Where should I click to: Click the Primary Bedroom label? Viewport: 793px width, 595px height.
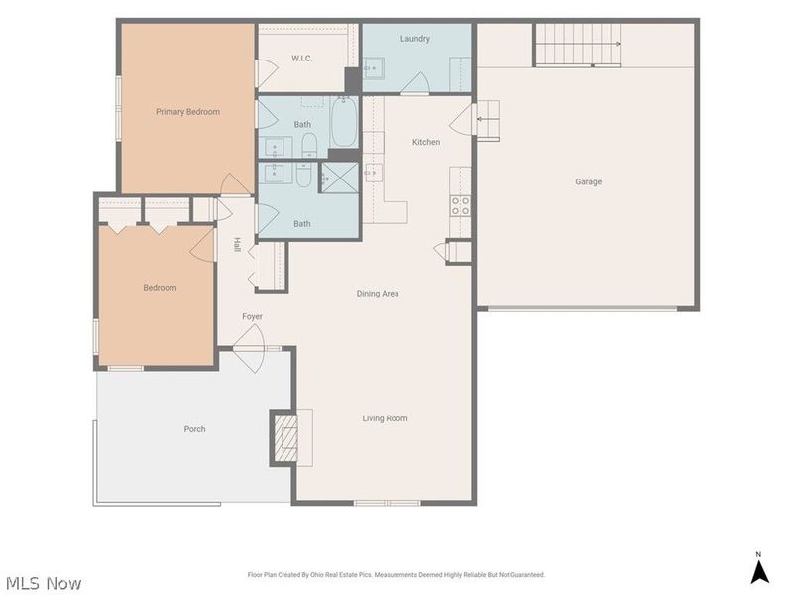coord(187,112)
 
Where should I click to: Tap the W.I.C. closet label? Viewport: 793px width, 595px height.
coord(301,59)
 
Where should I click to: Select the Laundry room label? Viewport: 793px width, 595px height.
coord(414,39)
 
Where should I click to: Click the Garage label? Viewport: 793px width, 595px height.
coord(588,181)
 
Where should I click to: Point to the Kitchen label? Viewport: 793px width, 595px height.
coord(426,142)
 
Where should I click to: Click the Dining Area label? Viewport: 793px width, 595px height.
coord(378,293)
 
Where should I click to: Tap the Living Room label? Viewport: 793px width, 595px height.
coord(385,418)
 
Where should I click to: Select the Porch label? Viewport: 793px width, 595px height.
coord(194,429)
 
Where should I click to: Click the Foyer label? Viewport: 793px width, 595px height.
coord(252,316)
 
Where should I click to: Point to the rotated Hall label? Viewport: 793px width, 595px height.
coord(236,245)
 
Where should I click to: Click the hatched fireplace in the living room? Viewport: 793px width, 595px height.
coord(285,437)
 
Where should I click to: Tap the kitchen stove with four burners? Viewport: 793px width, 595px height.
coord(460,205)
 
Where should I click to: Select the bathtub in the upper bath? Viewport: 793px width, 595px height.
coord(344,122)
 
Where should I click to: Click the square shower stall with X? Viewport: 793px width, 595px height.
coord(340,178)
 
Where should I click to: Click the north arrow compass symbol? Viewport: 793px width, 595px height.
coord(759,568)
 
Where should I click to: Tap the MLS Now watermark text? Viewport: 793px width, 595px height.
coord(44,583)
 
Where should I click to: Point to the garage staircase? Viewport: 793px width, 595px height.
coord(578,45)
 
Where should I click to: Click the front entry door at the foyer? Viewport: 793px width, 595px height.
coord(249,349)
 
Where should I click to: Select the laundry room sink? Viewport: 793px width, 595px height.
coord(374,68)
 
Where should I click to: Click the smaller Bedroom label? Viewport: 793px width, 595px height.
coord(160,288)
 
